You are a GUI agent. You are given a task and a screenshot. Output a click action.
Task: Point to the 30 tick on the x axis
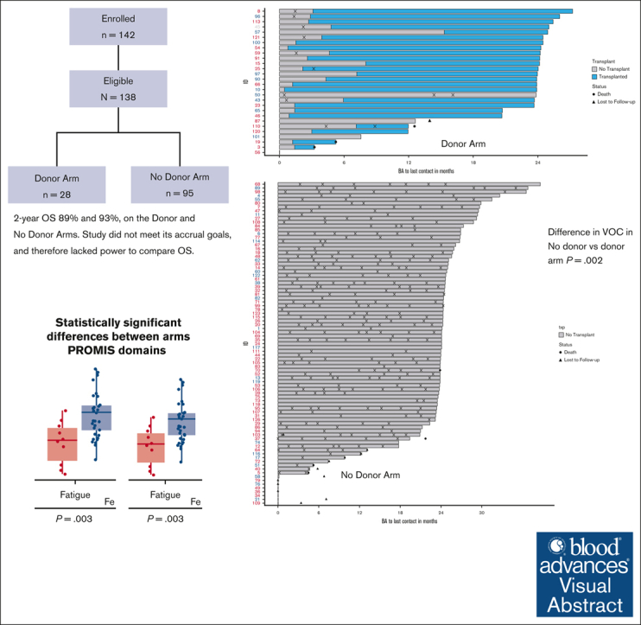pyautogui.click(x=483, y=513)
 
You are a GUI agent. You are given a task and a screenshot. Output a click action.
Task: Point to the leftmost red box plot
pyautogui.click(x=61, y=443)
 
